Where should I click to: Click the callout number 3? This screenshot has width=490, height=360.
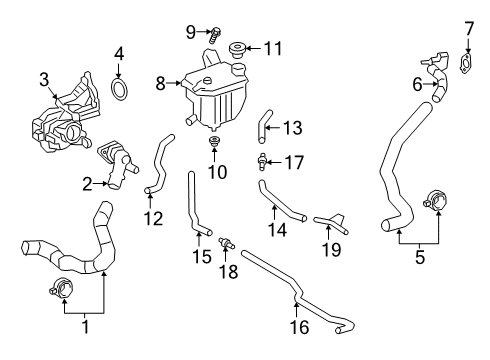pos(44,79)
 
